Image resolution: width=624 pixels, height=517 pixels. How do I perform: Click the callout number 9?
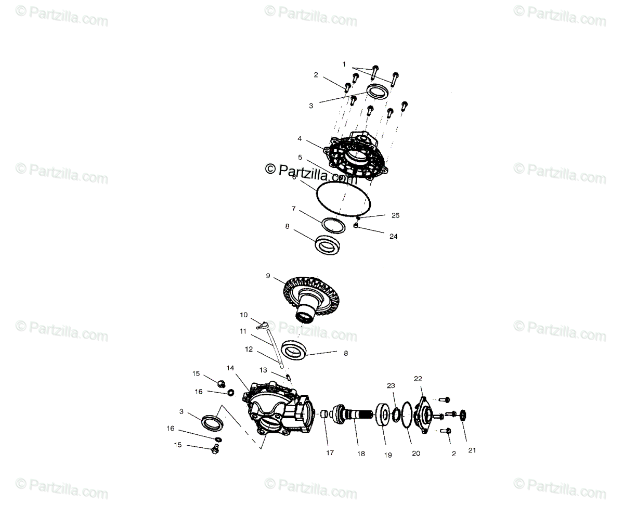(268, 276)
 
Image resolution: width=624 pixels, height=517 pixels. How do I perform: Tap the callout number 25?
(396, 215)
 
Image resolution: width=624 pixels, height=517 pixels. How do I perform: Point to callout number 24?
(394, 236)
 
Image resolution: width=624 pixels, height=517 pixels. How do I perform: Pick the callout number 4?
(300, 139)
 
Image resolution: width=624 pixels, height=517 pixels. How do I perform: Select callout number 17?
(330, 453)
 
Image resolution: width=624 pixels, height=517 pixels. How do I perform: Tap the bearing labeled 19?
(385, 415)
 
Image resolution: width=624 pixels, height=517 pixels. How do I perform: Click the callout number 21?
(472, 450)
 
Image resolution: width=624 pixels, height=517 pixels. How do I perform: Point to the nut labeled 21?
(461, 415)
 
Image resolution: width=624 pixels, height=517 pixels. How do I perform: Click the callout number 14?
(230, 368)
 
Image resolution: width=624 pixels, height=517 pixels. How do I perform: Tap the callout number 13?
(263, 370)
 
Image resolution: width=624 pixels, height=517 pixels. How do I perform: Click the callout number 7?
(294, 209)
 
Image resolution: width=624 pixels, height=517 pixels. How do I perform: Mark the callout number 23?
(391, 385)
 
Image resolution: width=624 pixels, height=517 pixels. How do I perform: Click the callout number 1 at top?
(344, 64)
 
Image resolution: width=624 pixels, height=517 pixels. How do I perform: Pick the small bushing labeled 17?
(324, 415)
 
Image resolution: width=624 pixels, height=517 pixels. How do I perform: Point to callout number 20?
(415, 453)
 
